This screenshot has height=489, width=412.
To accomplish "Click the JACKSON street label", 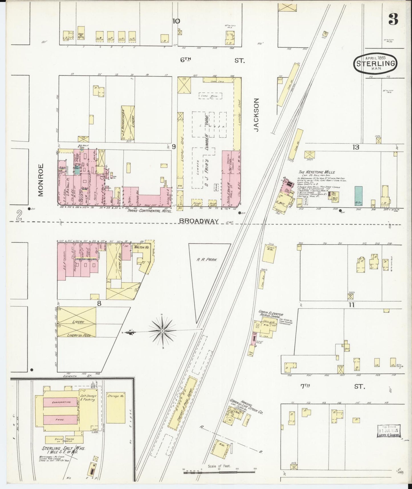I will [256, 115].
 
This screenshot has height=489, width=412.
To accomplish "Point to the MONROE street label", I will [40, 180].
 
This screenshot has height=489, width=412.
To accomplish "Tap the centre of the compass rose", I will [162, 331].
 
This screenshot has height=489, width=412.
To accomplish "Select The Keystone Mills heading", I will [316, 172].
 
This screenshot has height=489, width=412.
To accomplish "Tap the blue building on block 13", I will [358, 196].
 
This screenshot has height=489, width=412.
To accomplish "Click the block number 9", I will [174, 147].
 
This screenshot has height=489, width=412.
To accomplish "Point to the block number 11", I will [351, 305].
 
